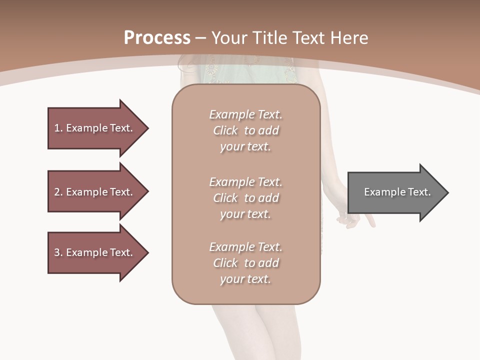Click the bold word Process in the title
(x=157, y=38)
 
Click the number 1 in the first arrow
(x=57, y=128)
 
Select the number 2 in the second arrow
(x=57, y=192)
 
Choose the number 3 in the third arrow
(x=57, y=252)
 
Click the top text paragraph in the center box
(x=245, y=130)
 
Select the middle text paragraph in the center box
(x=245, y=198)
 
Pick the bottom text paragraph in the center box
(x=245, y=263)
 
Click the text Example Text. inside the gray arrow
(x=397, y=192)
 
